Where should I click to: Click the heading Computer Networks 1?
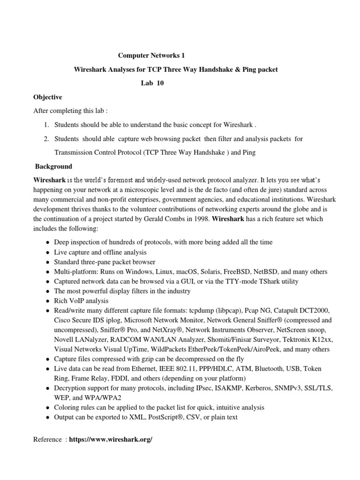tap(148, 55)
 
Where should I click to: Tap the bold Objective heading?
tap(48, 97)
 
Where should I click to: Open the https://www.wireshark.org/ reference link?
tap(111, 439)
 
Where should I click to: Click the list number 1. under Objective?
tap(46, 125)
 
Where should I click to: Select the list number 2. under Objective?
tap(46, 139)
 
